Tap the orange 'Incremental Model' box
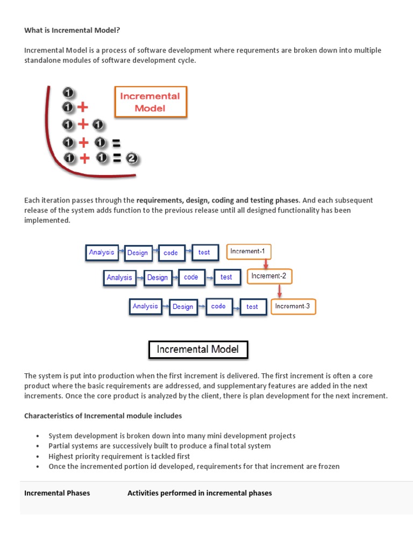tap(151, 102)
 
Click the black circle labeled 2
tap(132, 158)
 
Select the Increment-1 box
tap(248, 251)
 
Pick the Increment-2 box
tap(269, 276)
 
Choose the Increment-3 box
tap(293, 306)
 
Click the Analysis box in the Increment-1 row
tap(102, 252)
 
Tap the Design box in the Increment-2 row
tap(158, 278)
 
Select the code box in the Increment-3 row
tap(218, 306)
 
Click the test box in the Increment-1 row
tap(204, 252)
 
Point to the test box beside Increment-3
tap(252, 307)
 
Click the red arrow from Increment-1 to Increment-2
tap(266, 264)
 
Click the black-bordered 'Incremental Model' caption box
tap(198, 350)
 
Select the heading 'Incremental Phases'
tap(57, 493)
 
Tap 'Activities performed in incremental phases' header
tap(200, 493)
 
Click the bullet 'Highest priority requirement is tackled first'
tap(119, 456)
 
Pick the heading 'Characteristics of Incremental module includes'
tap(103, 416)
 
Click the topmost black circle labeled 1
tap(68, 92)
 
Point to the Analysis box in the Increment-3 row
tap(145, 306)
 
